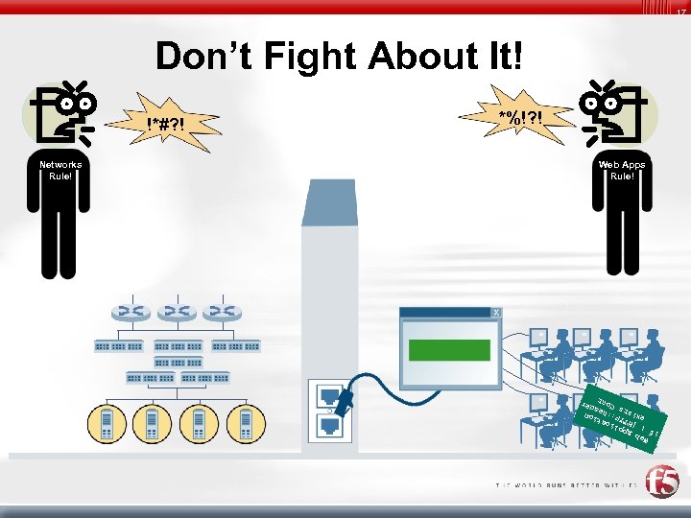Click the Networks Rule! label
60,171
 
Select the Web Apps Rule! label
622,171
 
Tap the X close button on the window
495,314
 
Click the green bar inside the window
449,349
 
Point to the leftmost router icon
126,313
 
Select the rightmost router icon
222,313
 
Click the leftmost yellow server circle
107,423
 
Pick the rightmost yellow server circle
247,423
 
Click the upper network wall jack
328,393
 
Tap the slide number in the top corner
679,11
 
